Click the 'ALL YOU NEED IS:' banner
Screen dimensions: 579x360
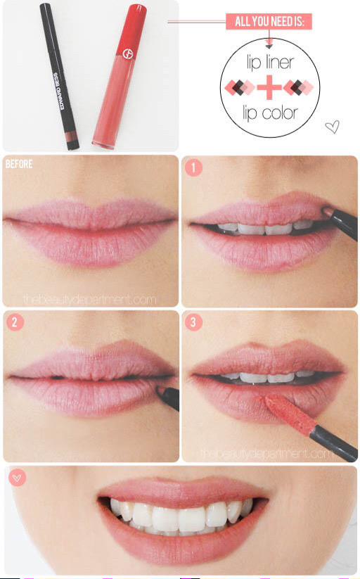[x=269, y=22]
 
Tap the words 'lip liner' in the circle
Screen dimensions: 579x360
[x=270, y=63]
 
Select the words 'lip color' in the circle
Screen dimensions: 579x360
[x=269, y=113]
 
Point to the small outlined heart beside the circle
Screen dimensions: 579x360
[x=333, y=127]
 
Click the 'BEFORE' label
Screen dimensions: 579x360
[x=19, y=165]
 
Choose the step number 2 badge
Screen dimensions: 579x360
[x=15, y=322]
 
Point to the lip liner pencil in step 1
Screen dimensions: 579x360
[x=343, y=222]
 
